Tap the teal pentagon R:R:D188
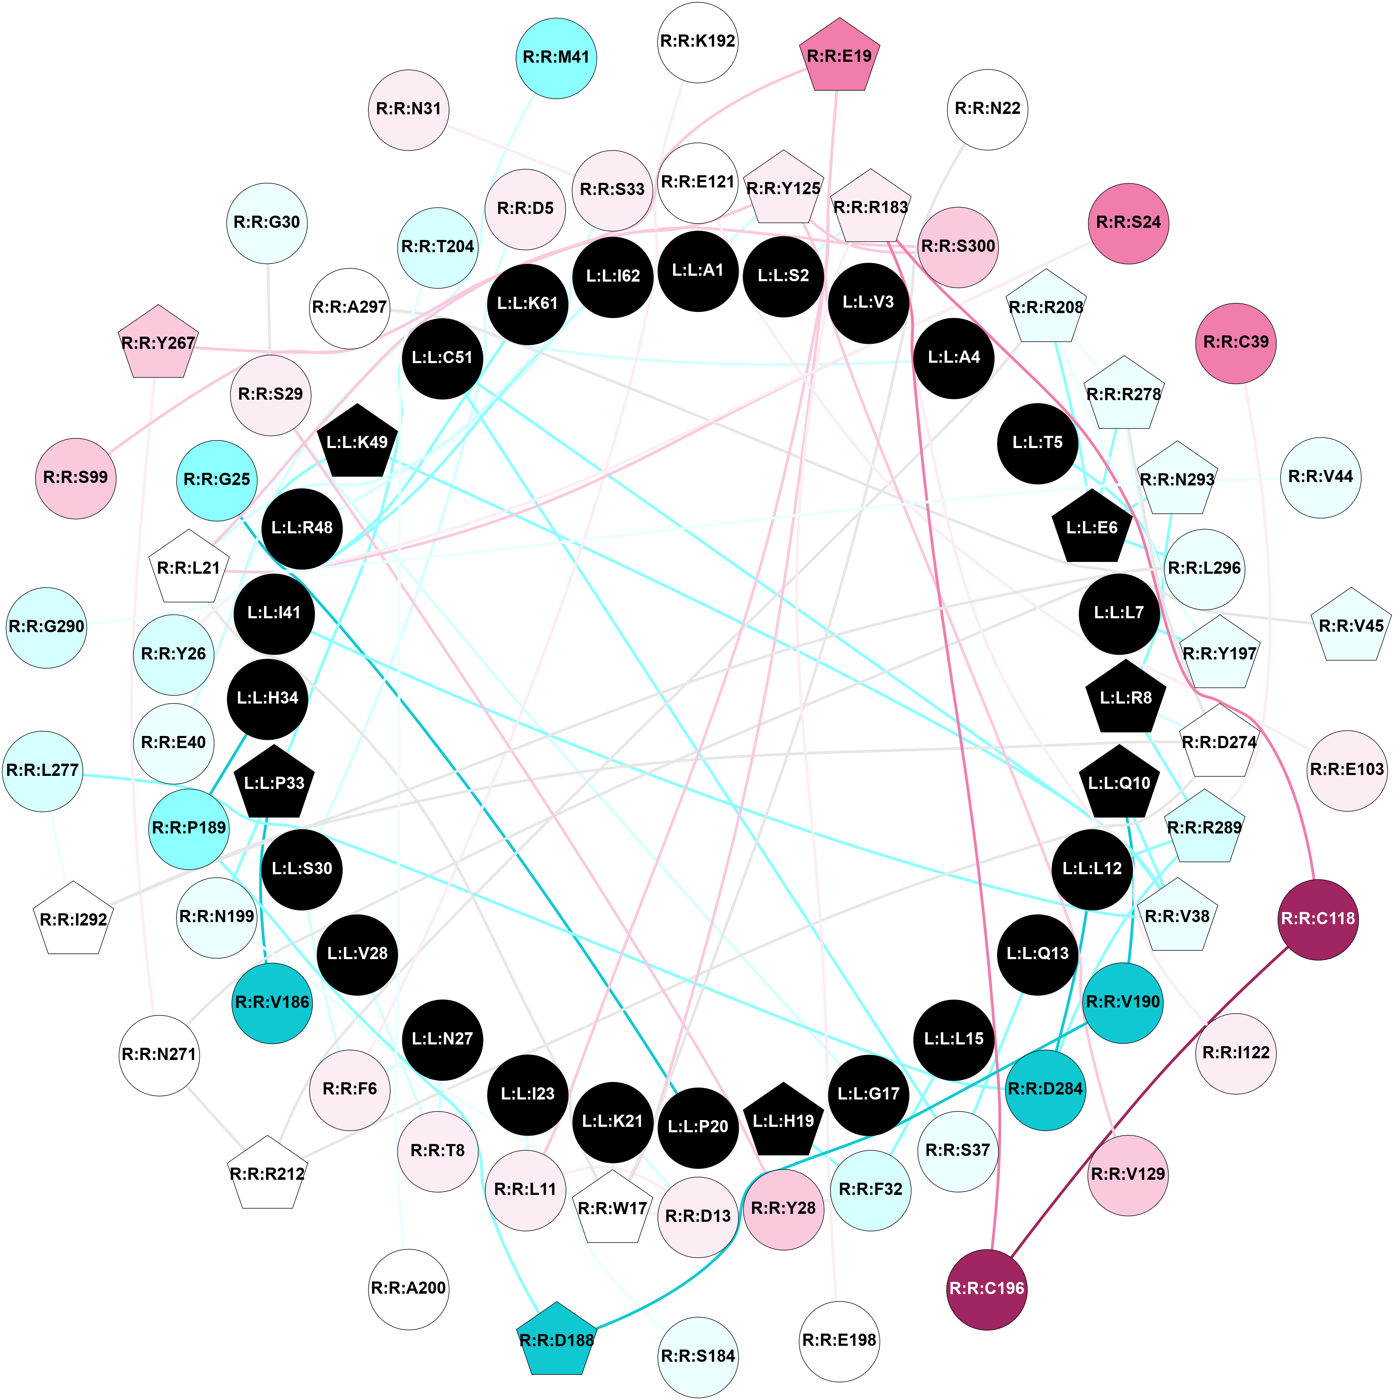point(557,1340)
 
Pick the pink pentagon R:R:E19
point(839,56)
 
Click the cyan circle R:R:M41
point(556,57)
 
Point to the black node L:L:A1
point(697,271)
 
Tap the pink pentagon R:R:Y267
point(158,343)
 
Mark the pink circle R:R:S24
point(1128,223)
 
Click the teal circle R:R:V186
point(272,1003)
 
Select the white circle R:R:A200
point(408,1288)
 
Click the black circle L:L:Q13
point(1038,954)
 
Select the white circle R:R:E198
point(839,1340)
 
